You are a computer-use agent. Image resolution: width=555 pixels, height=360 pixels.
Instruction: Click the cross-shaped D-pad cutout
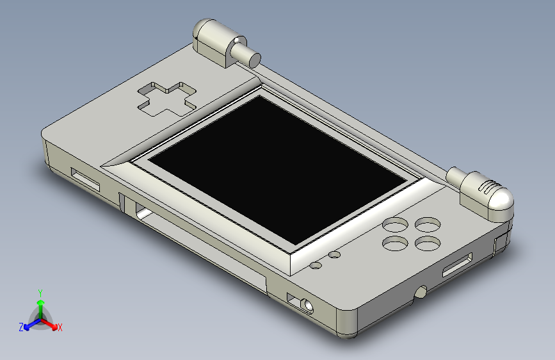(166, 99)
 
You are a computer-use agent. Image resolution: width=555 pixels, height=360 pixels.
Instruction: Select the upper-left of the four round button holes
(395, 225)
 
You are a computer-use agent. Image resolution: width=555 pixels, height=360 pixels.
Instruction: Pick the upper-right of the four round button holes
(428, 225)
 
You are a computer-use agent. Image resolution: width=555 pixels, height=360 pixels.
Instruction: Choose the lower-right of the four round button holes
(428, 243)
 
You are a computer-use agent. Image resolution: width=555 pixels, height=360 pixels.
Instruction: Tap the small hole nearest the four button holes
(335, 255)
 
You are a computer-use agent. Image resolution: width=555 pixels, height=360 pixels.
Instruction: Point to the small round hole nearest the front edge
(316, 265)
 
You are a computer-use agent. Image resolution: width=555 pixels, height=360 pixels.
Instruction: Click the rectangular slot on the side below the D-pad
(85, 180)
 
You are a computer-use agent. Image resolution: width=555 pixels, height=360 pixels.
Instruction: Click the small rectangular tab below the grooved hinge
(500, 245)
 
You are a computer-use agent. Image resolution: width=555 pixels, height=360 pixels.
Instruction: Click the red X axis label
(60, 328)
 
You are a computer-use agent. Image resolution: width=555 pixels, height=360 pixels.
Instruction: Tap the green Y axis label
(40, 292)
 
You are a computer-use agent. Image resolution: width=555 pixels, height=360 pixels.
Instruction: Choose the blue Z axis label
(21, 327)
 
